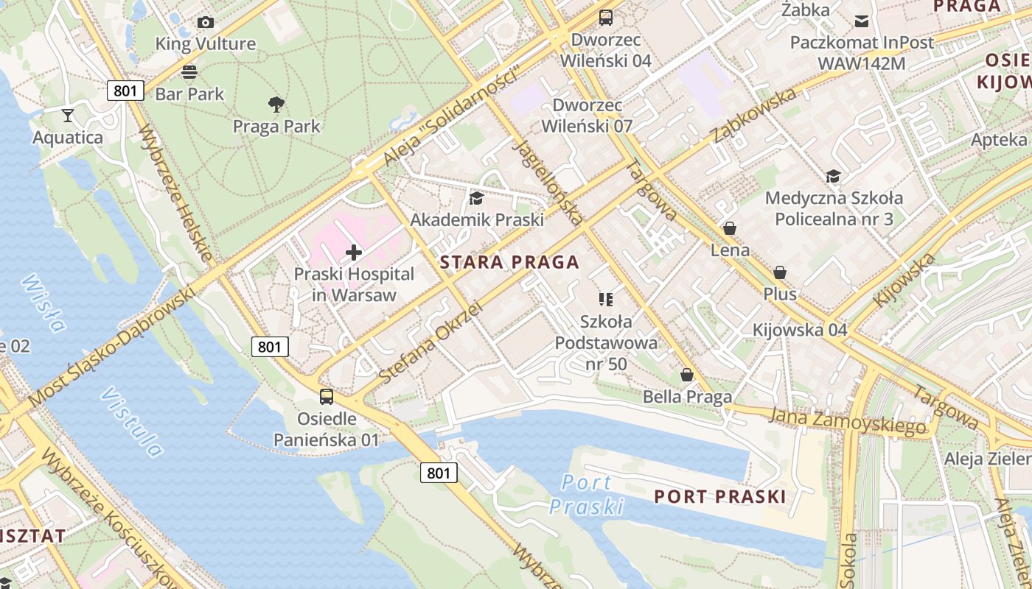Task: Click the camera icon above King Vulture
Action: (x=206, y=22)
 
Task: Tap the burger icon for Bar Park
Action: (x=189, y=72)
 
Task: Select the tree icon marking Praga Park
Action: (x=276, y=105)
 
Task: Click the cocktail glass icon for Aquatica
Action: (x=68, y=116)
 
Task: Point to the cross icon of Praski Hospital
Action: (x=354, y=253)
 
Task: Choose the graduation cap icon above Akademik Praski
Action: (x=476, y=198)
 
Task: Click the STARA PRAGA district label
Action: (x=509, y=262)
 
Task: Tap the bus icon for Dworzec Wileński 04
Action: (x=606, y=18)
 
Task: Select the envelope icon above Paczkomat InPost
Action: (x=861, y=21)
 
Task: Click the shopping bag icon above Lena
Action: (x=730, y=228)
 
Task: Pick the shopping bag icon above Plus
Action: (x=780, y=272)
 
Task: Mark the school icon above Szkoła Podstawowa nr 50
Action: (x=606, y=299)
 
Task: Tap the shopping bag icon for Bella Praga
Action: (x=687, y=375)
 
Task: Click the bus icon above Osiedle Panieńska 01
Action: (x=327, y=397)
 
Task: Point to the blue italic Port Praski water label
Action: (x=587, y=494)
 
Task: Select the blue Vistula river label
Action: (x=131, y=421)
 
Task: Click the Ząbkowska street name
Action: (x=753, y=116)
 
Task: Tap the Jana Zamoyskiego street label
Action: (x=847, y=420)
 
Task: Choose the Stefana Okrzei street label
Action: (x=430, y=343)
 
